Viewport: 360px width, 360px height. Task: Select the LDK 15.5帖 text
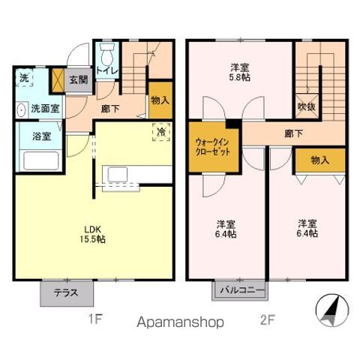pyautogui.click(x=94, y=234)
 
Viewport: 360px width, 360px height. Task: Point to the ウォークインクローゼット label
pyautogui.click(x=212, y=145)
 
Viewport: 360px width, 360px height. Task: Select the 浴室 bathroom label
pyautogui.click(x=40, y=137)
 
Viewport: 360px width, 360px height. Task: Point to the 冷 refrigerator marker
pyautogui.click(x=160, y=132)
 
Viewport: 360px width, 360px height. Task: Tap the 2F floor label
pyautogui.click(x=267, y=319)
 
